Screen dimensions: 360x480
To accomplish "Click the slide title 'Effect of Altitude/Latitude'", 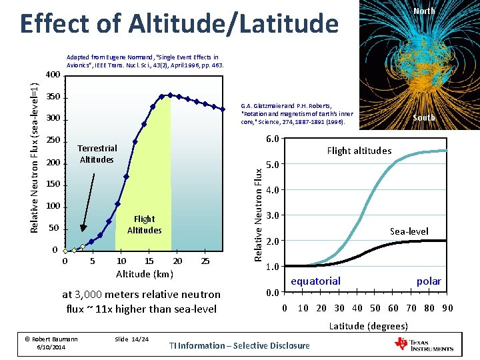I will tap(179, 24).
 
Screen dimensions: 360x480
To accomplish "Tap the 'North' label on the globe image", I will tap(424, 11).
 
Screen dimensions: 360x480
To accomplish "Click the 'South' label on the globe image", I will tap(424, 118).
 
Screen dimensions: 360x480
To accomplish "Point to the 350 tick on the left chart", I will tap(53, 97).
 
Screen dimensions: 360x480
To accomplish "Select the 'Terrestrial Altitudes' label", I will tap(97, 154).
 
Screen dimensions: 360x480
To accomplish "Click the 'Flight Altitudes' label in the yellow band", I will tap(144, 224).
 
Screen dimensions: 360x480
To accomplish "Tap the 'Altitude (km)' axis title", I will tap(145, 274).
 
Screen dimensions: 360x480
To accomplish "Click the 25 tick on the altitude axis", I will tap(205, 261).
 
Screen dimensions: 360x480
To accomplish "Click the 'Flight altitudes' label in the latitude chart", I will tap(359, 151).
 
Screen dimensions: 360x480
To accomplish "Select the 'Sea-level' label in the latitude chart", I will tap(409, 231).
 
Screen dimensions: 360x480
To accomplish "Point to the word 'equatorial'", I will tap(315, 281).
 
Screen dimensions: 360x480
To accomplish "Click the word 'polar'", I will tap(429, 281).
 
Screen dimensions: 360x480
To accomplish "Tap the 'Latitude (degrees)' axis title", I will tap(368, 325).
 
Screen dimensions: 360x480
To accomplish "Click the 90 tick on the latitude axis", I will tap(447, 308).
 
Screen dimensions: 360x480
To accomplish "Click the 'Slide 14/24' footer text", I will tap(131, 339).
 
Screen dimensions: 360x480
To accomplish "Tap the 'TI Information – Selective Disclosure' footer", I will tap(239, 345).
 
